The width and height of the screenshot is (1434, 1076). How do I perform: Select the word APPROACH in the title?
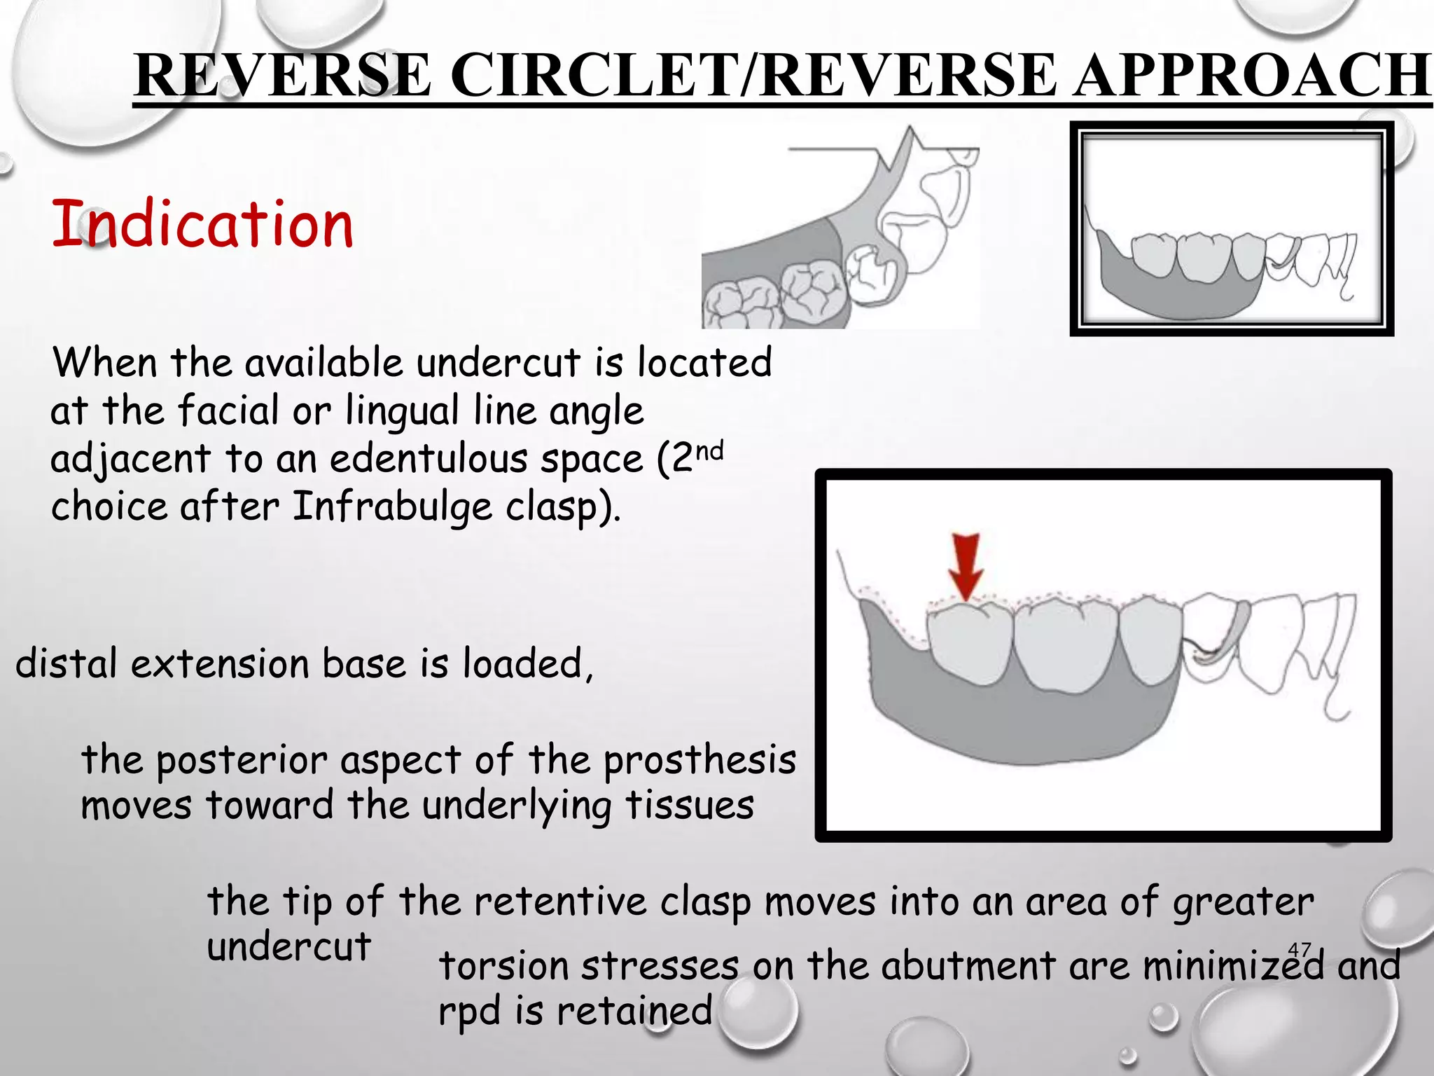[x=1253, y=75]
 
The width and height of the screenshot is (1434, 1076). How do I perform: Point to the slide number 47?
[x=1300, y=950]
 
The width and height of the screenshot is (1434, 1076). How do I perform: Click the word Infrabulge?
[x=391, y=506]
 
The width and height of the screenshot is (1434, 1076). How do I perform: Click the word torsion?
[x=503, y=966]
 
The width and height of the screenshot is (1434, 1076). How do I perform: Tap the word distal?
[x=67, y=663]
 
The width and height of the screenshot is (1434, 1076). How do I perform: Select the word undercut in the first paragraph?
[x=498, y=363]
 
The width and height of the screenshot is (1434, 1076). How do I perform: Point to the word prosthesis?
[x=699, y=761]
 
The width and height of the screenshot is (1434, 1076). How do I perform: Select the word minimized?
[x=1234, y=966]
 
